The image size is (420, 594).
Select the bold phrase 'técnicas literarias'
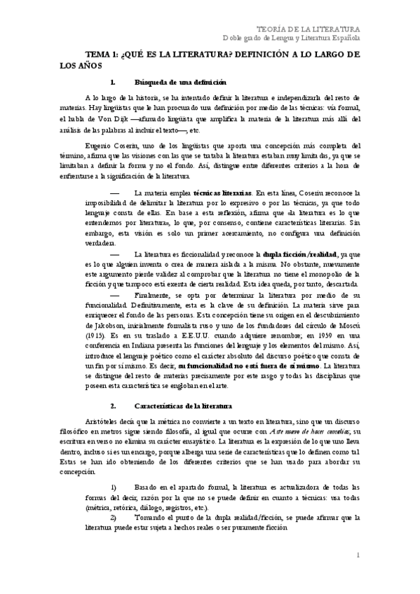223,191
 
